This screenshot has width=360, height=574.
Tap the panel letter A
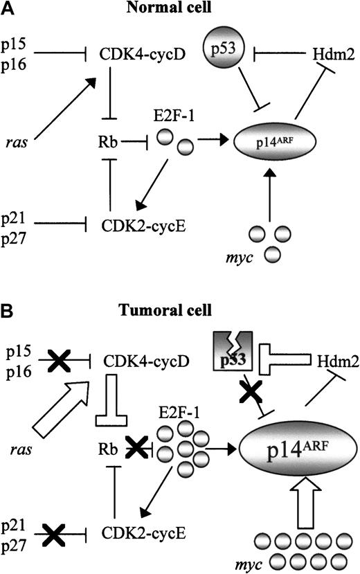[8, 9]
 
